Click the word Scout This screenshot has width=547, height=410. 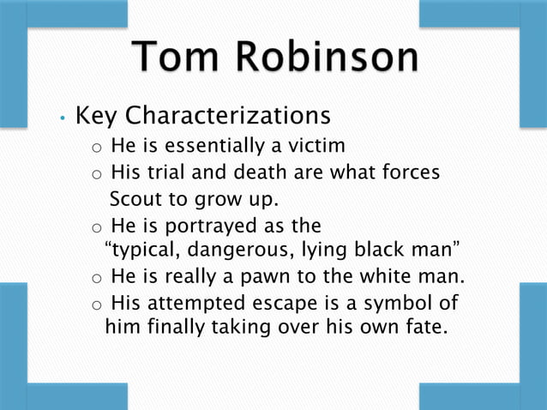[135, 200]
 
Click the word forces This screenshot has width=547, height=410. [409, 172]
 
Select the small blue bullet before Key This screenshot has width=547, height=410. [62, 118]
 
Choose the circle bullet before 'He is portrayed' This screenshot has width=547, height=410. [98, 227]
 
